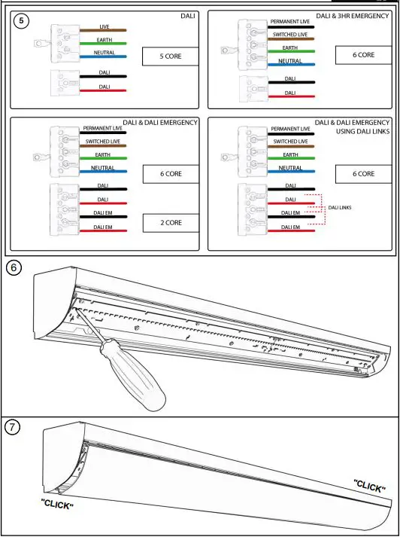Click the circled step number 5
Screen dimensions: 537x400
click(23, 20)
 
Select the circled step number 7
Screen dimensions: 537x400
click(14, 428)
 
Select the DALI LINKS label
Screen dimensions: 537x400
click(341, 207)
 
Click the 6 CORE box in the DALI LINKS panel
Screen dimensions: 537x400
click(365, 173)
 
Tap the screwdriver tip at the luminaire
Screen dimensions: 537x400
click(75, 308)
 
